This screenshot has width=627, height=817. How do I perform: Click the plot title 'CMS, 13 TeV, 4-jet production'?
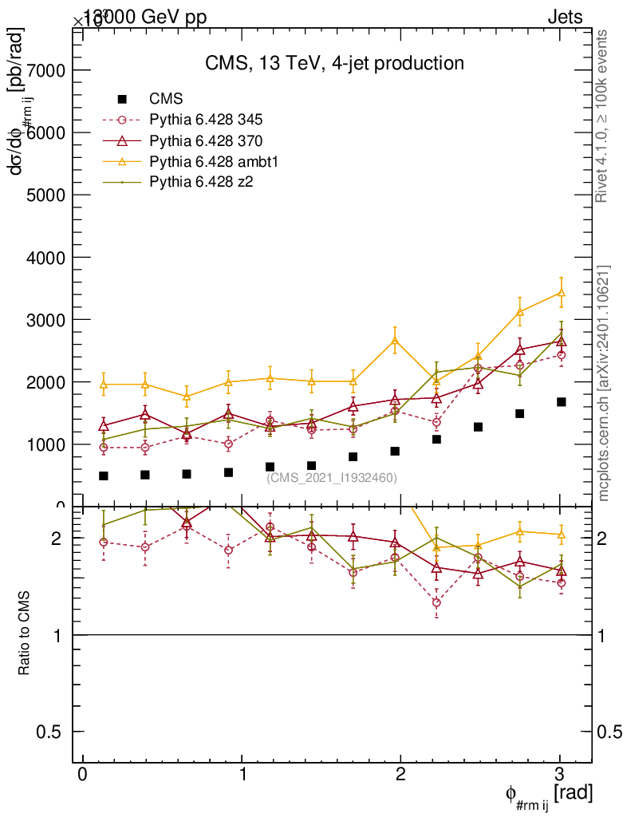click(333, 63)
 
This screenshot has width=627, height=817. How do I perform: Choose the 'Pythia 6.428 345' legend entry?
click(206, 120)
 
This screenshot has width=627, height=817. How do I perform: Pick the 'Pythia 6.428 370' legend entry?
click(206, 140)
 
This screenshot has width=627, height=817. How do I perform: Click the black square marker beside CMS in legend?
click(122, 99)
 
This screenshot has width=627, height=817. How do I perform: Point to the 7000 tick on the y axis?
click(49, 70)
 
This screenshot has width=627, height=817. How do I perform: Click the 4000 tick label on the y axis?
click(49, 258)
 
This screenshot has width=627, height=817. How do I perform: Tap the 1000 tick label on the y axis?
click(49, 444)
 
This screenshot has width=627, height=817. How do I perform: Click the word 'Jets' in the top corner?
click(565, 18)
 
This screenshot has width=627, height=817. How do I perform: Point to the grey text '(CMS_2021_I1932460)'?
click(332, 477)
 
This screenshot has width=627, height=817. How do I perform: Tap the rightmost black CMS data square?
click(561, 402)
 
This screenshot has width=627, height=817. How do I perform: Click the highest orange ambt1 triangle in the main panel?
click(561, 293)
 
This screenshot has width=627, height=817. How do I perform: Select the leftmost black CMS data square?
click(103, 476)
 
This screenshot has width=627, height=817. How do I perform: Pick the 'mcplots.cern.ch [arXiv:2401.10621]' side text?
click(604, 383)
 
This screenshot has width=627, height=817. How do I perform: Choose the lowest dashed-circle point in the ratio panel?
click(436, 602)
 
